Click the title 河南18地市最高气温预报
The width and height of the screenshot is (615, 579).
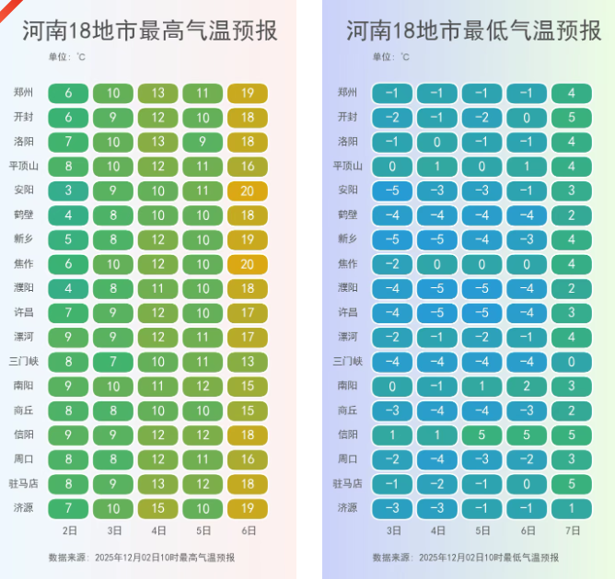(x=149, y=31)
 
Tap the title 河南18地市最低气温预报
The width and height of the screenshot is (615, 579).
(x=473, y=31)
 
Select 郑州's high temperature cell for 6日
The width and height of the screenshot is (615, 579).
(x=248, y=93)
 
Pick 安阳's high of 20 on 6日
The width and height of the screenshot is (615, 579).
(x=248, y=191)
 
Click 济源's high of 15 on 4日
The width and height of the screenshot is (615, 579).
(x=158, y=507)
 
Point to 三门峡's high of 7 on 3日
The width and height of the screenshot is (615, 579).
(x=113, y=361)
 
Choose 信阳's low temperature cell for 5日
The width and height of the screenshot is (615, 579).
(x=482, y=434)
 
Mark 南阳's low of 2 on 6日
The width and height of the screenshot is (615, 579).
(x=528, y=386)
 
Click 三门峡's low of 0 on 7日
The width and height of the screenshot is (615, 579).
(x=572, y=361)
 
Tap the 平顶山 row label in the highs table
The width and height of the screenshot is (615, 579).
(x=23, y=167)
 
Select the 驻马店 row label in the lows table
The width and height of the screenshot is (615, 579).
(x=347, y=482)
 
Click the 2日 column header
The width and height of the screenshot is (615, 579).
(x=69, y=531)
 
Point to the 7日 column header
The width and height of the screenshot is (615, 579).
(x=572, y=531)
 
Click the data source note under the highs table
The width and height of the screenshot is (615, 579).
(x=142, y=557)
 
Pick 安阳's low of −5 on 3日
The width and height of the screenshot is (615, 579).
(x=393, y=191)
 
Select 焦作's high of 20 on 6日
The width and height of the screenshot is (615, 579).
(x=248, y=263)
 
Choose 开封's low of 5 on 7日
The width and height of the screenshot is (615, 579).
(x=572, y=118)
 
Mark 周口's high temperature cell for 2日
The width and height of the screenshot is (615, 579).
(x=69, y=458)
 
